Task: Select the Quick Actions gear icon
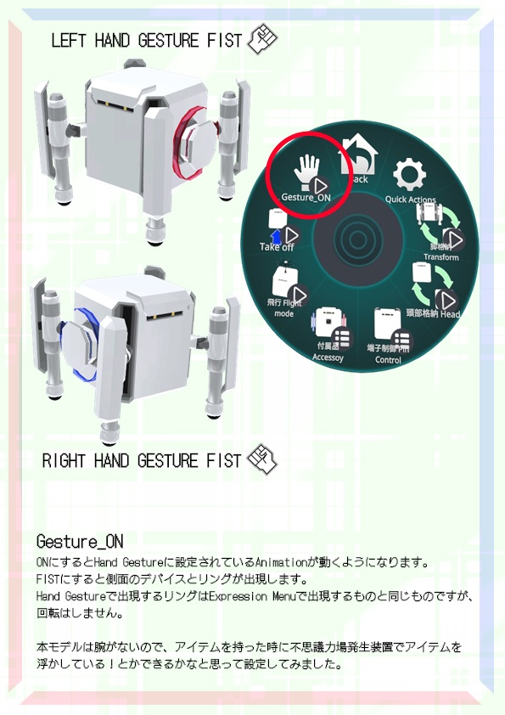click(x=410, y=176)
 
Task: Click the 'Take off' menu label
click(x=277, y=247)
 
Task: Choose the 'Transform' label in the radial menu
click(x=440, y=257)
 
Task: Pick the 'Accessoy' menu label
click(x=328, y=357)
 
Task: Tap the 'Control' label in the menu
click(x=388, y=360)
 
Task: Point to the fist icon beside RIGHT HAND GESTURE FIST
click(x=261, y=459)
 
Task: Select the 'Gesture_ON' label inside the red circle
click(x=305, y=197)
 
